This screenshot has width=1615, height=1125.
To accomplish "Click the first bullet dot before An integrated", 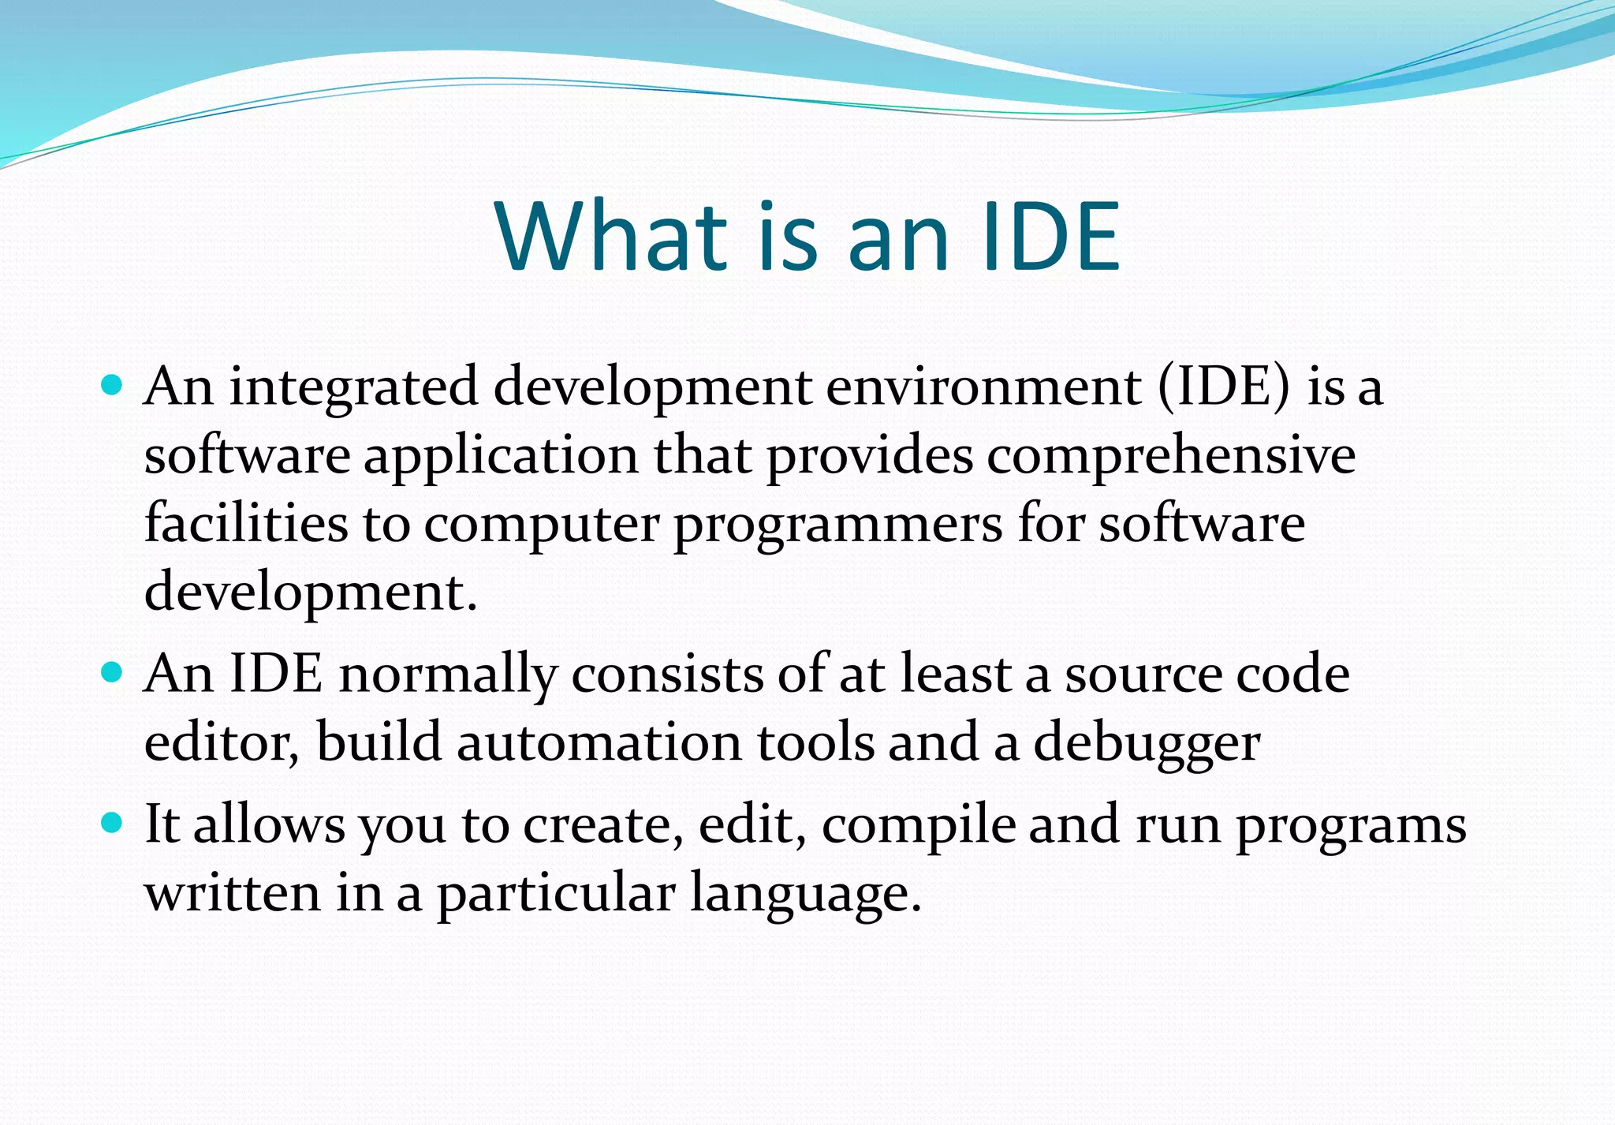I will click(113, 385).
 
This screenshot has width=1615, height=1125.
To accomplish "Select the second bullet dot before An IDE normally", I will click(113, 672).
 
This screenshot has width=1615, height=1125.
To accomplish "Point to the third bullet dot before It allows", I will click(113, 823).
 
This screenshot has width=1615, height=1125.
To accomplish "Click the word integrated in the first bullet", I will click(354, 388).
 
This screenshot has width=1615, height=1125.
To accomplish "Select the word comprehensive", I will click(1171, 456).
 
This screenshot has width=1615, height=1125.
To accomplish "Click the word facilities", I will click(246, 523).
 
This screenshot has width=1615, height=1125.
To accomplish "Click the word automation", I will click(599, 743).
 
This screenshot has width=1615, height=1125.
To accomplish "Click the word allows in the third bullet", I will click(269, 824).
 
